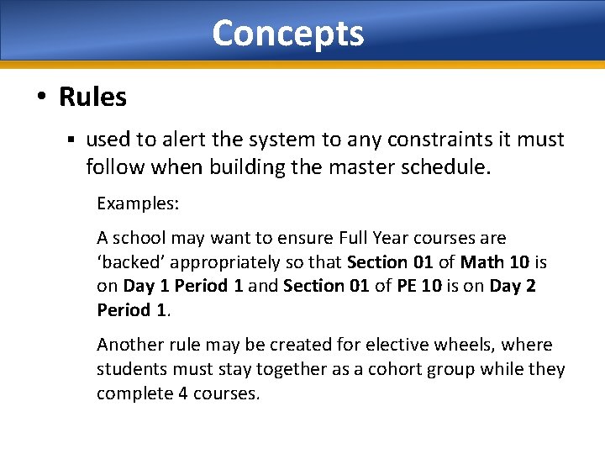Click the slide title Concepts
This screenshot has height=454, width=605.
tap(287, 34)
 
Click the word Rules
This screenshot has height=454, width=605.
tap(92, 98)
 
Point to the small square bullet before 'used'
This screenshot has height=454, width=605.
tap(73, 140)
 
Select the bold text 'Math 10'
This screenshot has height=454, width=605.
tap(497, 262)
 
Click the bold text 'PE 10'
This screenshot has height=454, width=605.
tap(418, 286)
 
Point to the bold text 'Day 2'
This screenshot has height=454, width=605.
tap(513, 286)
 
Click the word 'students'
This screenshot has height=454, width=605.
tap(132, 369)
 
